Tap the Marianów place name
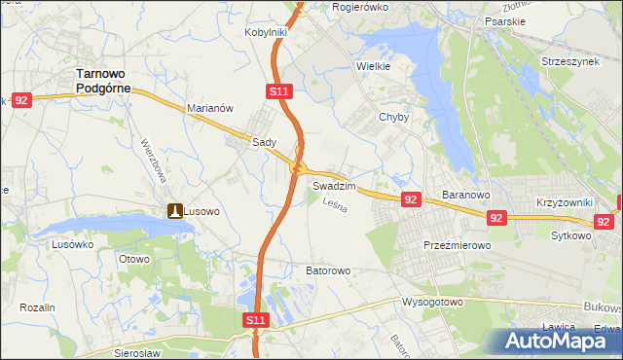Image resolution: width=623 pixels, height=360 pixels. click(x=209, y=109)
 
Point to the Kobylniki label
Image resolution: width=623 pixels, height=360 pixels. click(x=265, y=32)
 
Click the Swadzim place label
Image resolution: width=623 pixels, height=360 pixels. click(x=333, y=185)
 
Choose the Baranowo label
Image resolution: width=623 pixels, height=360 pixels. click(x=464, y=195)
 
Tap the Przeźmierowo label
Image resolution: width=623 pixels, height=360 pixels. click(x=457, y=246)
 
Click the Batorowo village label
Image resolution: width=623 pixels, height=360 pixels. click(x=327, y=270)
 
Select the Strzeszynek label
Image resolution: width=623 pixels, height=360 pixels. click(x=570, y=61)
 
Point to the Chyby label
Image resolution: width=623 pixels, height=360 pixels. click(x=393, y=117)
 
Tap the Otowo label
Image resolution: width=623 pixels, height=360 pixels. click(x=133, y=259)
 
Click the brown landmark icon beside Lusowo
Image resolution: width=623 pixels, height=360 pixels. click(x=174, y=210)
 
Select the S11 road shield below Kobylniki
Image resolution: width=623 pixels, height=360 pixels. click(x=278, y=91)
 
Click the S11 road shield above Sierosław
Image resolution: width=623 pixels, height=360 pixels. click(x=254, y=319)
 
